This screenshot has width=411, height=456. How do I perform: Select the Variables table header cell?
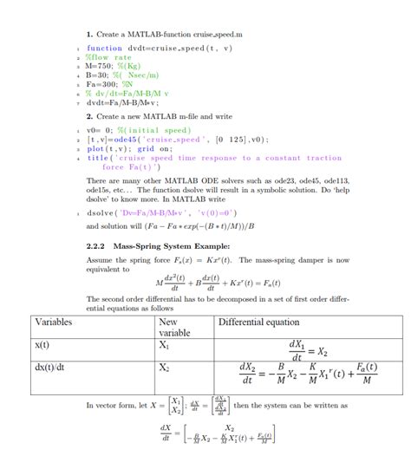54,322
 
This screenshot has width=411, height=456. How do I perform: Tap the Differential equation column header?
258,322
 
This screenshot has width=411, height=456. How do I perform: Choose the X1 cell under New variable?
164,344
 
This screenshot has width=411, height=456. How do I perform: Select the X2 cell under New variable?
164,368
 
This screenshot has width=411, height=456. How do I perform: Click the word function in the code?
104,49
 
